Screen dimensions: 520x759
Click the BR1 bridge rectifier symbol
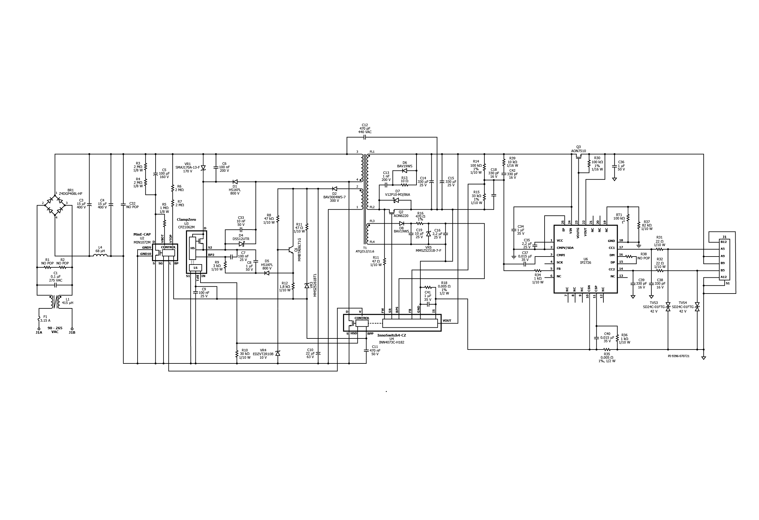point(55,203)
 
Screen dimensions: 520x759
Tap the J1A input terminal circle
point(39,329)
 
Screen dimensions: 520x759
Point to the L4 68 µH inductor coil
point(100,256)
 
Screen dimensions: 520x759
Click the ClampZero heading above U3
point(186,220)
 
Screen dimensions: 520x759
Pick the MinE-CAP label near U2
point(142,234)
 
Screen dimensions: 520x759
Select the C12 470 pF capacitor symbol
point(365,138)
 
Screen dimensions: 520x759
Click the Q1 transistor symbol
point(290,250)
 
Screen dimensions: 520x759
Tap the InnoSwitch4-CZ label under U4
point(392,336)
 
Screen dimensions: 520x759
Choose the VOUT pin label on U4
point(447,321)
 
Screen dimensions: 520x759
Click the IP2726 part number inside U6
point(586,263)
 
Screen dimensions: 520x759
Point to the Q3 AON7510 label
point(578,149)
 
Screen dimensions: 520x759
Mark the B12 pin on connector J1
point(724,242)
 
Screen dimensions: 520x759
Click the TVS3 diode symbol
point(668,307)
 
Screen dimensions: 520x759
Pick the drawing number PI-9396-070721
point(678,356)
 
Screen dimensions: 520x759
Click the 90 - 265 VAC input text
point(55,330)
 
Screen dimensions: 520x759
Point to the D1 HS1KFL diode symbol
point(235,182)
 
